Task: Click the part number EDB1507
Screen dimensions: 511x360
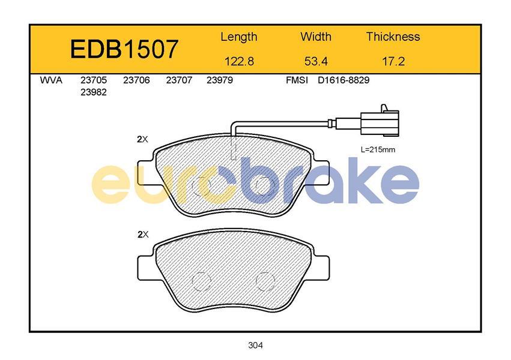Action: pyautogui.click(x=124, y=49)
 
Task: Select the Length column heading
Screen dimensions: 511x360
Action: pyautogui.click(x=239, y=37)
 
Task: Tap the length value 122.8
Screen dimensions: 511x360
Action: pyautogui.click(x=239, y=61)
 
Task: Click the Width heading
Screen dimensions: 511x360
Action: pyautogui.click(x=316, y=37)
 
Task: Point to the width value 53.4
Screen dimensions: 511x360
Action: pyautogui.click(x=316, y=61)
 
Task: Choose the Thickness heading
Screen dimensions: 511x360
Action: pyautogui.click(x=393, y=37)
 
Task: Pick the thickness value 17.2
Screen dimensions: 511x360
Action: pyautogui.click(x=393, y=61)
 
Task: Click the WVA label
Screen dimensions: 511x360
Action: pyautogui.click(x=51, y=80)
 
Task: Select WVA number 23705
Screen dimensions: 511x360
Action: pyautogui.click(x=94, y=80)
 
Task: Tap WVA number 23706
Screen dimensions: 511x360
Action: pyautogui.click(x=136, y=80)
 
